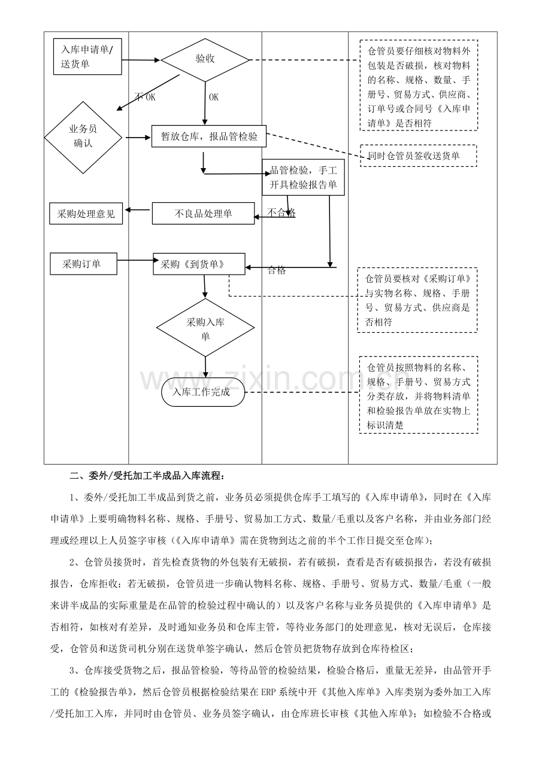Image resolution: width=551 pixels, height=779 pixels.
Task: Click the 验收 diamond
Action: (x=205, y=59)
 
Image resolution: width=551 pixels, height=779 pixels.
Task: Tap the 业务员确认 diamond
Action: (x=83, y=136)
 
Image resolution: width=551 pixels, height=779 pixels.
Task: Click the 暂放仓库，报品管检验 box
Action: (x=209, y=136)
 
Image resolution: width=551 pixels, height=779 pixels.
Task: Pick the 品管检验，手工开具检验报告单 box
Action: (x=303, y=178)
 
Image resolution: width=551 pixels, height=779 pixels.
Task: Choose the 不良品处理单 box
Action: (x=203, y=214)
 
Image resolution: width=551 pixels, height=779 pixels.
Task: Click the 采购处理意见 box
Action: (x=86, y=214)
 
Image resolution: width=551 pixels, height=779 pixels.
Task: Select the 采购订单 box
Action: (x=83, y=264)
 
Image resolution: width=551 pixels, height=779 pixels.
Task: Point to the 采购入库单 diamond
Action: (x=205, y=328)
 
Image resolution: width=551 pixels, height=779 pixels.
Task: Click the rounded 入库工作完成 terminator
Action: (x=204, y=392)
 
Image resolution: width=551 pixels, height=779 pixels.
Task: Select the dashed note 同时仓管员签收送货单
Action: (x=418, y=156)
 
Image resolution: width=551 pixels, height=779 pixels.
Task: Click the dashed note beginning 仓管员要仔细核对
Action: (x=419, y=85)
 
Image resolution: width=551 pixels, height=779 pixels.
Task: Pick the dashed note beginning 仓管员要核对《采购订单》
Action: (x=417, y=300)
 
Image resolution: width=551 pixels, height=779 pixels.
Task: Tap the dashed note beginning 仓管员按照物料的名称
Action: (x=419, y=395)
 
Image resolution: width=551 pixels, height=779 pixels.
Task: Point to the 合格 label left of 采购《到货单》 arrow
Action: (x=277, y=270)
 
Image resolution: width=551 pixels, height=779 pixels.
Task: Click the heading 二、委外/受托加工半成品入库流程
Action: (x=147, y=477)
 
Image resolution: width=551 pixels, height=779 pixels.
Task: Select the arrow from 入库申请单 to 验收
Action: (x=141, y=60)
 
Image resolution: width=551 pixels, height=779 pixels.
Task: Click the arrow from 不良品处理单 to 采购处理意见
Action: (x=137, y=209)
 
